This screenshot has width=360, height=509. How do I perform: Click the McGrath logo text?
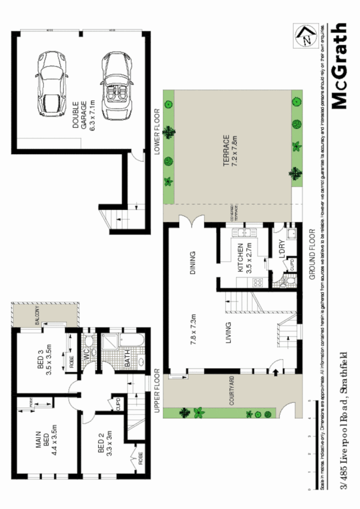(339, 66)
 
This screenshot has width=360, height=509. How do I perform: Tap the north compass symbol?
(307, 37)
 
